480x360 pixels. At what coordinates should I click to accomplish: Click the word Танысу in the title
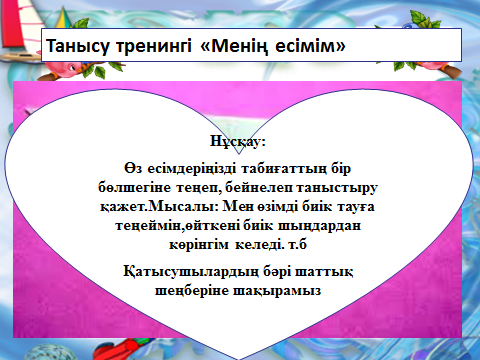77,45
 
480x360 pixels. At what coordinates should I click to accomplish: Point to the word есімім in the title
311,45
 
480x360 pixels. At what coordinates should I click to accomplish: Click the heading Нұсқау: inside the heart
238,141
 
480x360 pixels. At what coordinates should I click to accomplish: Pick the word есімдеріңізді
192,169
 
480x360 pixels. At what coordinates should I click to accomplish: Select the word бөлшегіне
135,188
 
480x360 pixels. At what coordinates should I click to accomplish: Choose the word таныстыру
337,188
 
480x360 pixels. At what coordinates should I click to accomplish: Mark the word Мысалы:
183,206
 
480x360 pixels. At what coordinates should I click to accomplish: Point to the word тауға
356,207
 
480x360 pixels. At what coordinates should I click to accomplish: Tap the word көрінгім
199,245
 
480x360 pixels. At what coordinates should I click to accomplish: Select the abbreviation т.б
297,244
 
